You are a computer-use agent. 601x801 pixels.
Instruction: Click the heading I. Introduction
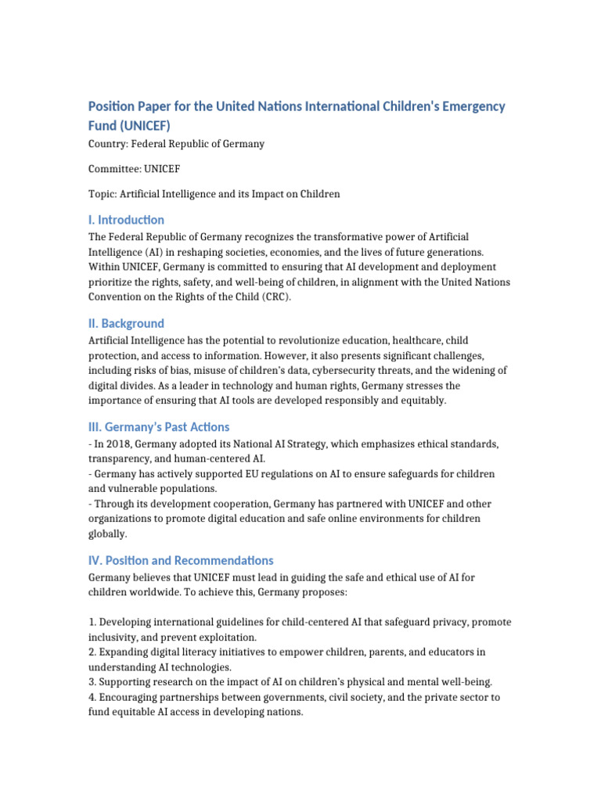[126, 220]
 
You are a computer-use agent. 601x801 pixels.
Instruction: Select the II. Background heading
[126, 323]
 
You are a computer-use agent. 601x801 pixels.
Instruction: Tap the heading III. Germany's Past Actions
[159, 427]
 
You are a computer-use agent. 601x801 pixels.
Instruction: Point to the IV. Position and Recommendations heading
[181, 560]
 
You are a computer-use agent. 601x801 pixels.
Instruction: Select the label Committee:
[114, 169]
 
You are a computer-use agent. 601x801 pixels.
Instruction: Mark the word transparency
[118, 459]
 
